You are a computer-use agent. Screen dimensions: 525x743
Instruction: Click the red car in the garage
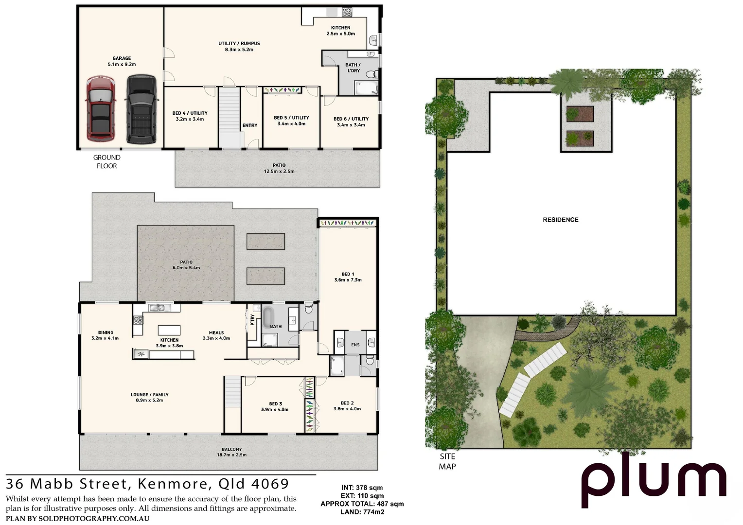coord(100,108)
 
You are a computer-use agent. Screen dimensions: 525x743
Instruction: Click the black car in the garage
coord(142,109)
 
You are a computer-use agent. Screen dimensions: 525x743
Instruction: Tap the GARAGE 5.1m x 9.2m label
coord(122,61)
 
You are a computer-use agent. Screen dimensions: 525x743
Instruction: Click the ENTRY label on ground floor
coord(250,125)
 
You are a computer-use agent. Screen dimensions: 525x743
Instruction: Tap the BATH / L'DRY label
coord(353,68)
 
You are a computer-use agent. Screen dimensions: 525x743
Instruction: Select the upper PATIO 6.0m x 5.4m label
coord(186,265)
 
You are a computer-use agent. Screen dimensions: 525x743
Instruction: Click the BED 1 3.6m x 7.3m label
coord(348,277)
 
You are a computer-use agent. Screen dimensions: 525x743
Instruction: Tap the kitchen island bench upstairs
coord(169,330)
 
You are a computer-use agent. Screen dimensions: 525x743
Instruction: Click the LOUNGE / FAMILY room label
coord(149,397)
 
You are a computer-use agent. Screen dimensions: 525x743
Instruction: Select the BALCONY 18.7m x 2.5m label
coord(231,452)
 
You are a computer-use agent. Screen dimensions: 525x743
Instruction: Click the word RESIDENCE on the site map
coord(560,220)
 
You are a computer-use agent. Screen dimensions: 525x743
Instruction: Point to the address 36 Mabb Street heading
coord(147,484)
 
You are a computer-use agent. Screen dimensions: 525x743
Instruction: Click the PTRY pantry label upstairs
coord(252,319)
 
